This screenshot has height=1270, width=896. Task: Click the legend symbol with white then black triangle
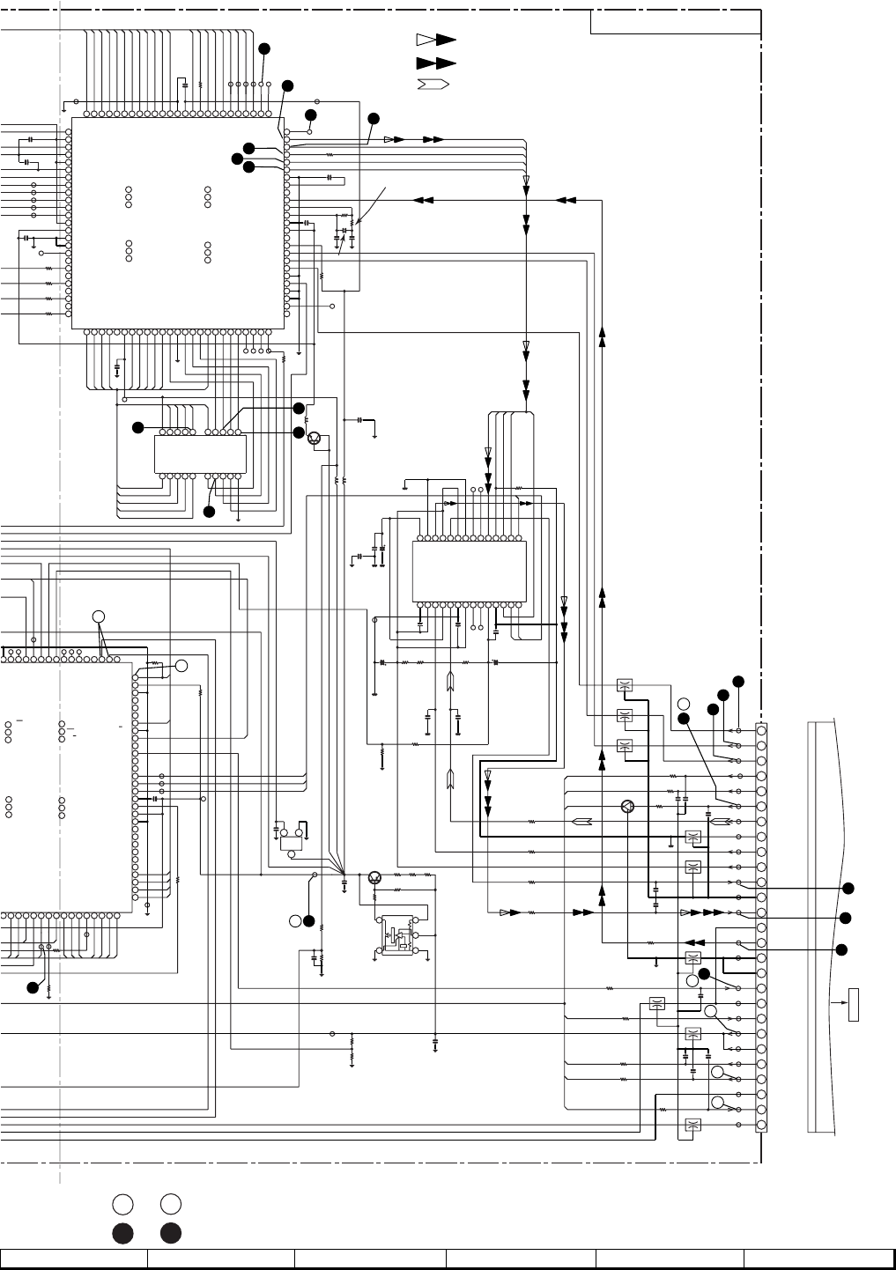(435, 40)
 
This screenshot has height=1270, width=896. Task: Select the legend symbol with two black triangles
(435, 63)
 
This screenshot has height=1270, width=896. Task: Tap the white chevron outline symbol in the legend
(433, 85)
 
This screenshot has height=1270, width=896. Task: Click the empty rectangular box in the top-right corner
(675, 22)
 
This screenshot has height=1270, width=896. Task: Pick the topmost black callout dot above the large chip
(263, 48)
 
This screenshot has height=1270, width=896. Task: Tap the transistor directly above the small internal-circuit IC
(375, 876)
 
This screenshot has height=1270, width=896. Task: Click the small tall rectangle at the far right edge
(853, 1005)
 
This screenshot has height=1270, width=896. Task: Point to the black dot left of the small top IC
(137, 427)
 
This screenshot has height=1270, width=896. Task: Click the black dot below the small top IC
(209, 512)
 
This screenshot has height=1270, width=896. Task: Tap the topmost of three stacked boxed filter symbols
(625, 686)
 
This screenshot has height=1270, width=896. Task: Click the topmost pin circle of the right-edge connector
(761, 729)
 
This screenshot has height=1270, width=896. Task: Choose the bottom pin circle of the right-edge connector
(761, 1126)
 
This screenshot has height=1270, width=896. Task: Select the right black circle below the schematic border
(171, 1233)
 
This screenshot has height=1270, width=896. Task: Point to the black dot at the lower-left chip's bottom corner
(33, 987)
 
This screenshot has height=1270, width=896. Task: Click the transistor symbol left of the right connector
(627, 806)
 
